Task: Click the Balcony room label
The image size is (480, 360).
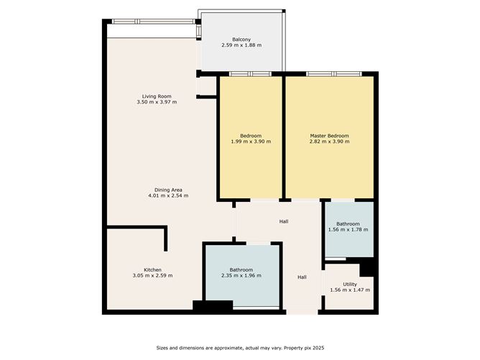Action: (241, 40)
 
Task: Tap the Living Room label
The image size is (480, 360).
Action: (157, 96)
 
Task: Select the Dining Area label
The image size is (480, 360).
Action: (168, 190)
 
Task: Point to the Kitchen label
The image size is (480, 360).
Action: (152, 270)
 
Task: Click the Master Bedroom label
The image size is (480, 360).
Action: (329, 136)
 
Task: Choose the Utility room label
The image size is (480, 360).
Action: (350, 285)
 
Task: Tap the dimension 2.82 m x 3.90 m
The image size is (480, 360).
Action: (329, 142)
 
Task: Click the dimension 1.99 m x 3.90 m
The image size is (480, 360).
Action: (251, 142)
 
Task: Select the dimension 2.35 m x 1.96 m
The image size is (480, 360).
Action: (241, 275)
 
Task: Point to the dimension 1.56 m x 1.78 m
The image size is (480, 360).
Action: (348, 230)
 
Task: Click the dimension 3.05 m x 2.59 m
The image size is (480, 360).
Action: (152, 275)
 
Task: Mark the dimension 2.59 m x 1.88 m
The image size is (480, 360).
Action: (241, 45)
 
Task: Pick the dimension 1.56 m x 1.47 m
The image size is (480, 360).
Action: (350, 290)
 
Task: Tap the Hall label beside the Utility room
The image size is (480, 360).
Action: (302, 277)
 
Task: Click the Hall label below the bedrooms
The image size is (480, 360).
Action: (284, 221)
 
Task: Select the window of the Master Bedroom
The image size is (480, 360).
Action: (334, 74)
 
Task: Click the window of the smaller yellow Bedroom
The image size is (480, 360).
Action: (250, 74)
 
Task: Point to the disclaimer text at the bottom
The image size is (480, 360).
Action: (240, 348)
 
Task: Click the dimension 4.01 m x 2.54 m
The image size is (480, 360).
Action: (168, 195)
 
